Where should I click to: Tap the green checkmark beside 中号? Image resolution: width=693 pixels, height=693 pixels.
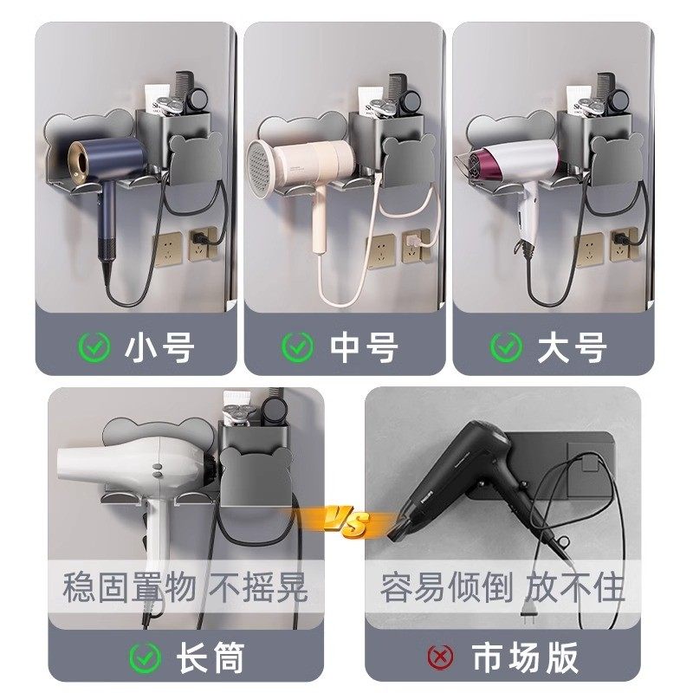[x=297, y=348]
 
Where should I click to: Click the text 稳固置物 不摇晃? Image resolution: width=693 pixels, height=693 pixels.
[x=185, y=589]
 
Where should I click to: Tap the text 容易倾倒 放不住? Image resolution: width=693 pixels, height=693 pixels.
[x=502, y=589]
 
